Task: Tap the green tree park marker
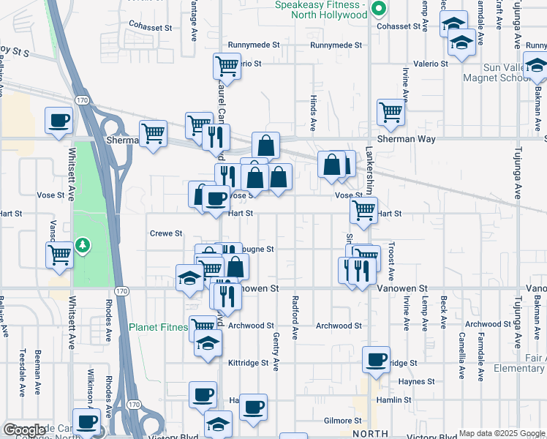84,244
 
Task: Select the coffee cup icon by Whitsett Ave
59,120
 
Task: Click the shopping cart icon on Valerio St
227,66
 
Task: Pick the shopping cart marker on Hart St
363,210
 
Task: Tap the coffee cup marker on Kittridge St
376,360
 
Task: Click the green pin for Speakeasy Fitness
378,10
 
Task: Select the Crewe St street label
166,233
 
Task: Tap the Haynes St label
417,381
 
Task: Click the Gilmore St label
342,421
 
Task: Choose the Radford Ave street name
295,318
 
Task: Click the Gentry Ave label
276,347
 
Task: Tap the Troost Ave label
391,260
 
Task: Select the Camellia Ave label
461,355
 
